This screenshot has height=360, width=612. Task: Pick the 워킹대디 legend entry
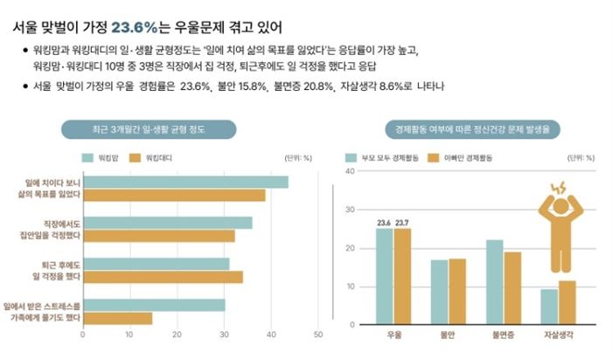pyautogui.click(x=154, y=158)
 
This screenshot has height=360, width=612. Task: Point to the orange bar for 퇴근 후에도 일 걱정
pyautogui.click(x=162, y=277)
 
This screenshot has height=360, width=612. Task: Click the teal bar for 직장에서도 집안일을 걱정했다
pyautogui.click(x=167, y=223)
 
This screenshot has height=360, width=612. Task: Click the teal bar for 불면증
pyautogui.click(x=494, y=281)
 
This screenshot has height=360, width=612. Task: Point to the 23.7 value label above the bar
pyautogui.click(x=402, y=224)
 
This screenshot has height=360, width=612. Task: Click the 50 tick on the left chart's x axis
pyautogui.click(x=317, y=335)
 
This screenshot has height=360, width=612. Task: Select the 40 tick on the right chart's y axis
pyautogui.click(x=350, y=171)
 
